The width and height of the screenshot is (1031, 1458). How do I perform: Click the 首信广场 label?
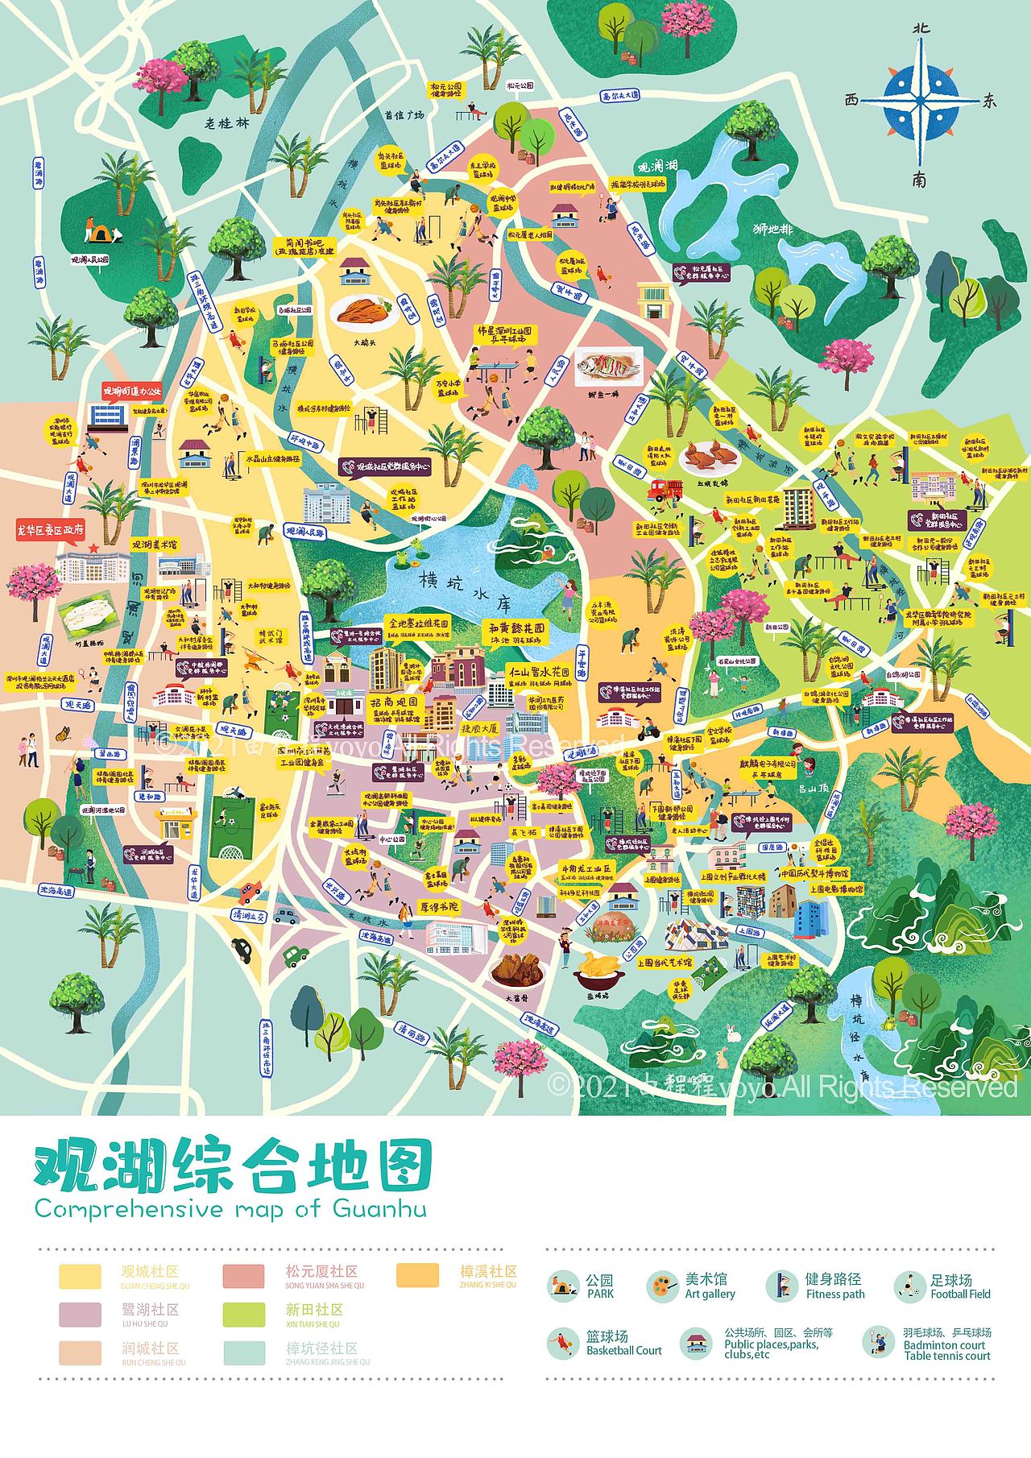[x=404, y=115]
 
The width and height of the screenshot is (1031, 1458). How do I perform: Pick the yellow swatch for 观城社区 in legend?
[x=80, y=1277]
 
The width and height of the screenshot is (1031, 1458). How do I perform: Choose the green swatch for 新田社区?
[x=243, y=1315]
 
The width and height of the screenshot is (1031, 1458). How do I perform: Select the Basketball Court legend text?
[x=623, y=1350]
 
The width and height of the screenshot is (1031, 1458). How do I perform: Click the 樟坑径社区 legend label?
[x=321, y=1348]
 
